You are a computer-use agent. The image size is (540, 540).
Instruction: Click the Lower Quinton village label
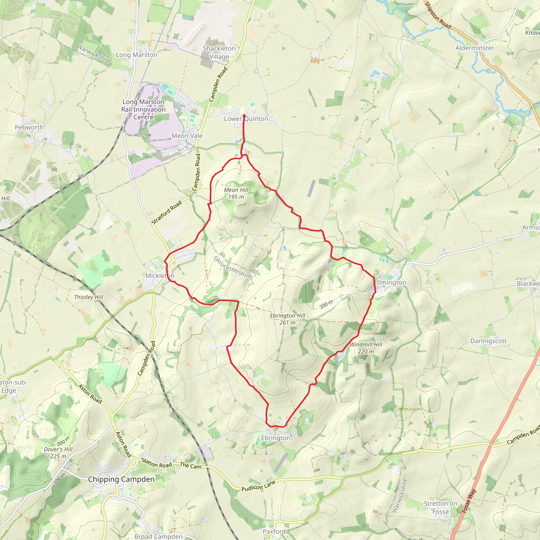(246, 119)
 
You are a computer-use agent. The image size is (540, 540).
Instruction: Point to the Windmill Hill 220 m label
(366, 348)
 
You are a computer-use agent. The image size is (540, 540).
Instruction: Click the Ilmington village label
(391, 282)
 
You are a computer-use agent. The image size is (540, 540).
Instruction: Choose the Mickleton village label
(160, 276)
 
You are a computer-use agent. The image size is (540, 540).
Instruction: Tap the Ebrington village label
(276, 438)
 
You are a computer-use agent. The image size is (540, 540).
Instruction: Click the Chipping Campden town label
(121, 479)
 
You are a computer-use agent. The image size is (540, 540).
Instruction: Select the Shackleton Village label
(219, 52)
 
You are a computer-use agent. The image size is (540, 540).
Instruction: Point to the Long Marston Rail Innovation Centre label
(143, 110)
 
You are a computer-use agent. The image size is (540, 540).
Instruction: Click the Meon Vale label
(187, 136)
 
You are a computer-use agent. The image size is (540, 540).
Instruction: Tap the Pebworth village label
(29, 127)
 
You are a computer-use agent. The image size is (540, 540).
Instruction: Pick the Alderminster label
(475, 48)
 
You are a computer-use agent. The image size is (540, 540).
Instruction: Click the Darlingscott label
(488, 341)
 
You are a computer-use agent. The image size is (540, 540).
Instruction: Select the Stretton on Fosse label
(441, 508)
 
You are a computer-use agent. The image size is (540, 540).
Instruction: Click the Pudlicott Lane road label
(259, 486)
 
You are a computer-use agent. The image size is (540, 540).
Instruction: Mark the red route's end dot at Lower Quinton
(244, 115)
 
